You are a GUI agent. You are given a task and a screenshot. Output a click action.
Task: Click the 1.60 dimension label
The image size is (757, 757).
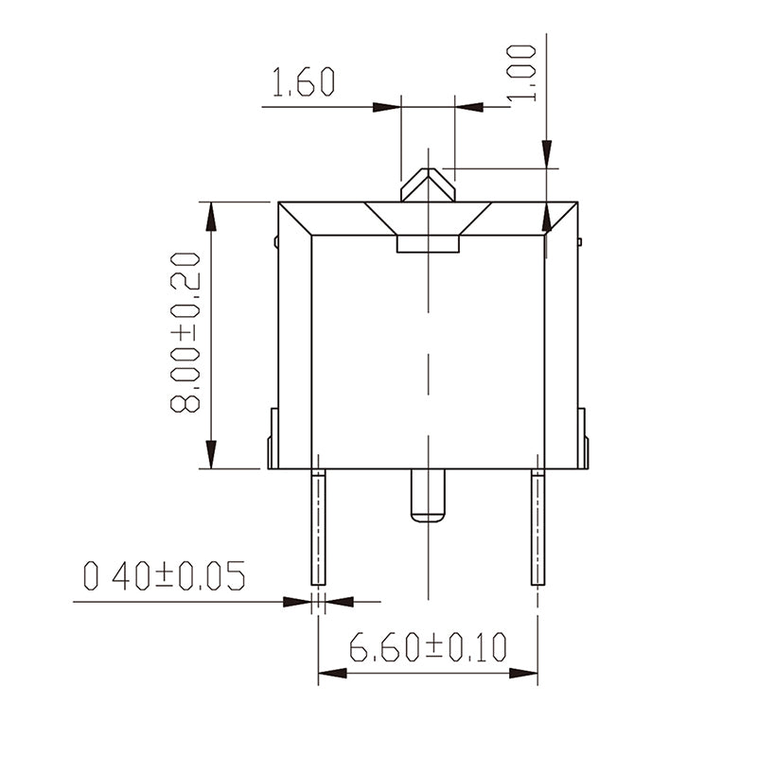303,83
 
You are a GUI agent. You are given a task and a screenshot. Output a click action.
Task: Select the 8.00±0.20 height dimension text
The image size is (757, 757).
185,332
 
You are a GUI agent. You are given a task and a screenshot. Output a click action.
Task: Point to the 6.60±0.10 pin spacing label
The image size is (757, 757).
428,648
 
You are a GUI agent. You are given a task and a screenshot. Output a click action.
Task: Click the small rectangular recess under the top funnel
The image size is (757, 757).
428,245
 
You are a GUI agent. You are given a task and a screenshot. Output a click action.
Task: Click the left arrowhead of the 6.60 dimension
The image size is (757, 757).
331,673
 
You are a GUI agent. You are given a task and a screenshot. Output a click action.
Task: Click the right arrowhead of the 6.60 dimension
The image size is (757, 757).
524,673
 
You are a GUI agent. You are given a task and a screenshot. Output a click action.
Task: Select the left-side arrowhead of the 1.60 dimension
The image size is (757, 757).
387,107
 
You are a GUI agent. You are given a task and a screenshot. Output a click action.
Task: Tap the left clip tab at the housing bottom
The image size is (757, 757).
273,438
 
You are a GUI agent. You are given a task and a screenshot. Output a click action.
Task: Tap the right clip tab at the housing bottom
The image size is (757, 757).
583,438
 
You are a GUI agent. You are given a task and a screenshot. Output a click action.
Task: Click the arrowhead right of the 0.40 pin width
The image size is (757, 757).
338,601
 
